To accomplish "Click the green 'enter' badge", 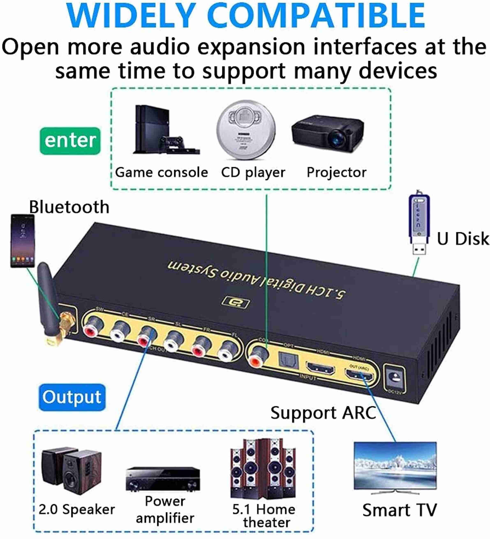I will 70,141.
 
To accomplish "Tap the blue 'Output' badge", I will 72,397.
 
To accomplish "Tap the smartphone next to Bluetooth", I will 22,241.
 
